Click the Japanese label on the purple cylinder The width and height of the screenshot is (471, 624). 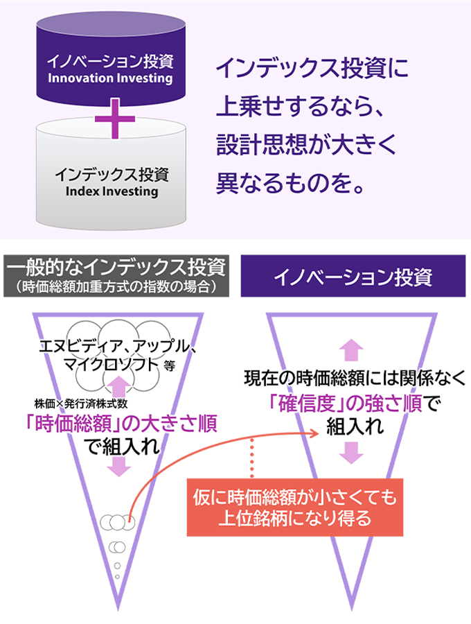(109, 61)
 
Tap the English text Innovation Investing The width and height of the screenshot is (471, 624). (109, 78)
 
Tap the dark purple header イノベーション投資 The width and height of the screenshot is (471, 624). (353, 277)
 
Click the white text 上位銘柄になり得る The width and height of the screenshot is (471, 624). (294, 517)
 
